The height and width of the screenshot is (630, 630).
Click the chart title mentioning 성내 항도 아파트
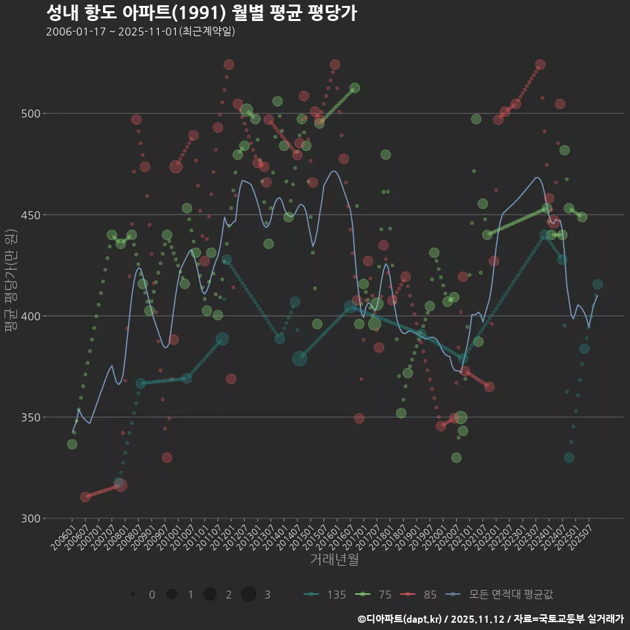[201, 12]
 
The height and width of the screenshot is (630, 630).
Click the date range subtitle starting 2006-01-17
[140, 31]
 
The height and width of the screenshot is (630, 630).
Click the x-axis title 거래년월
[334, 560]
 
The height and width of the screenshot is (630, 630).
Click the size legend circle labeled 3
[248, 595]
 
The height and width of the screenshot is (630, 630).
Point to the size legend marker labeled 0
[133, 595]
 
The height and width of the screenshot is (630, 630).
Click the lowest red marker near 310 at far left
[85, 497]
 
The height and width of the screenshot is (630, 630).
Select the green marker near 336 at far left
[72, 444]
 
